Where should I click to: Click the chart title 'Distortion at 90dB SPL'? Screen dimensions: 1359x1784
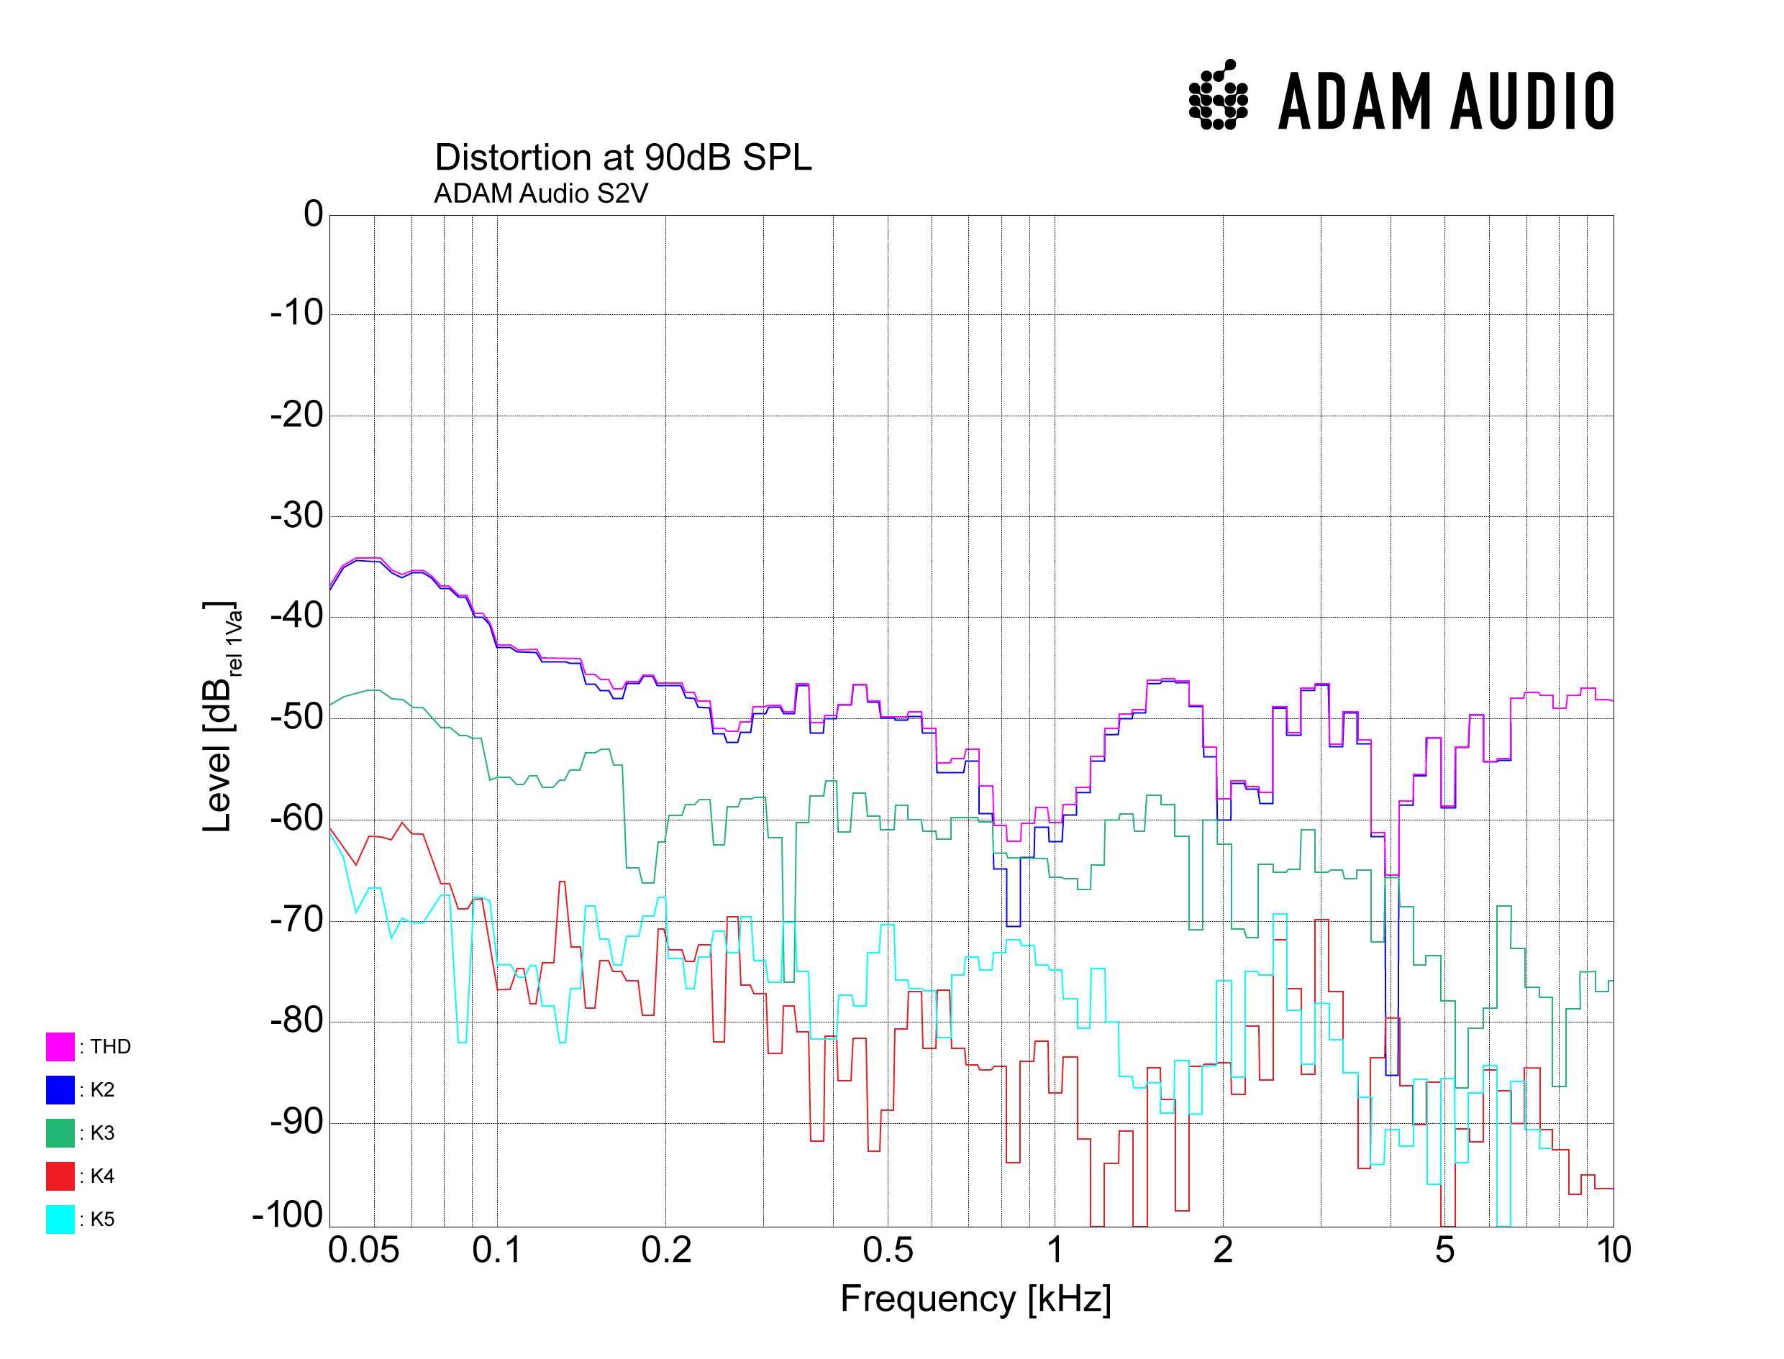(622, 157)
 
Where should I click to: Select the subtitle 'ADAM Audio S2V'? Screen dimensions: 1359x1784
(540, 194)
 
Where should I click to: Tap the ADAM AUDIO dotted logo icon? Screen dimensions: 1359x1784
(1218, 96)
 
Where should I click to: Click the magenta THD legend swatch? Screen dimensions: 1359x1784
(60, 1047)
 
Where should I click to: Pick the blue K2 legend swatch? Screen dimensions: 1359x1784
(60, 1089)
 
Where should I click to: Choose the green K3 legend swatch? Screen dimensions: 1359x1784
(60, 1132)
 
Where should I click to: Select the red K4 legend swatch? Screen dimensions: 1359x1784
(60, 1176)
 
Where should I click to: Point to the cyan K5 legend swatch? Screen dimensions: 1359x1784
(60, 1219)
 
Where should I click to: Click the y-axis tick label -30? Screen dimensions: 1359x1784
(296, 516)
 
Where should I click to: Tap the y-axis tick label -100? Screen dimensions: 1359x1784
(287, 1215)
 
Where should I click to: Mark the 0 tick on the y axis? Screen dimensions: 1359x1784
(313, 214)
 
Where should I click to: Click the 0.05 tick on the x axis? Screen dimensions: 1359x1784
(363, 1250)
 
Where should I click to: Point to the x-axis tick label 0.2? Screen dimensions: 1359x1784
(666, 1250)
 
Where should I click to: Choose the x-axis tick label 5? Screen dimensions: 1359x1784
(1445, 1250)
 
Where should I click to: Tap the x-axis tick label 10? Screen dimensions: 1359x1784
(1614, 1250)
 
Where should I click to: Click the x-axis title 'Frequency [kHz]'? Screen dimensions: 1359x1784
(975, 1300)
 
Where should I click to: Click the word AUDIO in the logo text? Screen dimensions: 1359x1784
(1532, 101)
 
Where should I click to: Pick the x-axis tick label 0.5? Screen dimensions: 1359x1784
(888, 1250)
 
